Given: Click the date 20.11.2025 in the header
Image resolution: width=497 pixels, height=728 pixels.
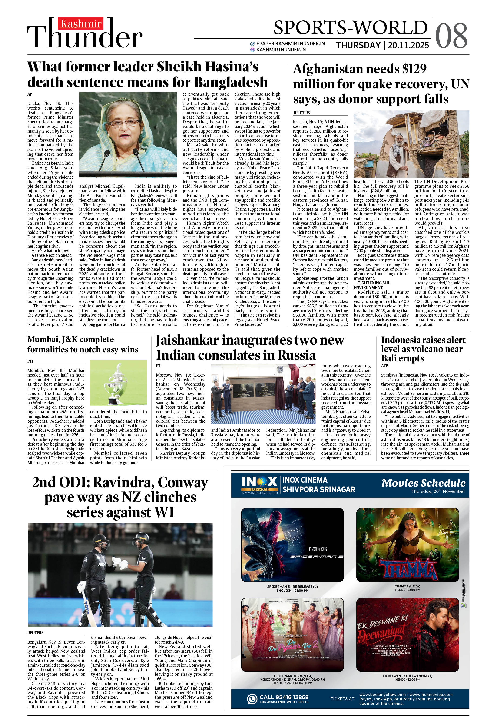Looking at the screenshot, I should (408, 45).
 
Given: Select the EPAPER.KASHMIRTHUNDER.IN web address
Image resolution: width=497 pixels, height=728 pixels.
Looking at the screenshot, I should (290, 43).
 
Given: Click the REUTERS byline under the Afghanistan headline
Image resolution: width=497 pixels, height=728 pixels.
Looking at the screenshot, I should (302, 113).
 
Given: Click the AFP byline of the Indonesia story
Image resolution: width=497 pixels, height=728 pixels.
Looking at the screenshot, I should (384, 366).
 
